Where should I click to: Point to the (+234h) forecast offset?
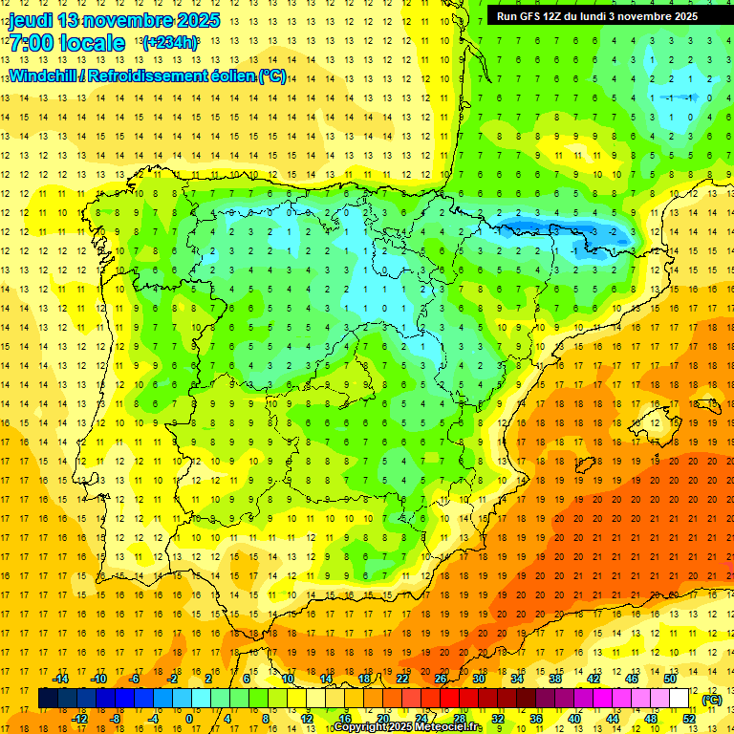(169, 43)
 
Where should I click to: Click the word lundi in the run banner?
(606, 16)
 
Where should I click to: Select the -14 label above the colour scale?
(61, 679)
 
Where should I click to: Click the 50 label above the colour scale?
(670, 679)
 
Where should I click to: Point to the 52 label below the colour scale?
(689, 719)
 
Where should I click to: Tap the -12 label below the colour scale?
(80, 719)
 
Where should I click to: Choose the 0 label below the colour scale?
(189, 719)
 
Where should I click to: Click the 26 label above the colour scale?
(441, 679)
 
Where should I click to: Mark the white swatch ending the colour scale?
(680, 699)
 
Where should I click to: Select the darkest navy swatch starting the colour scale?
(48, 699)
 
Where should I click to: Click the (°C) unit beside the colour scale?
(711, 700)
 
